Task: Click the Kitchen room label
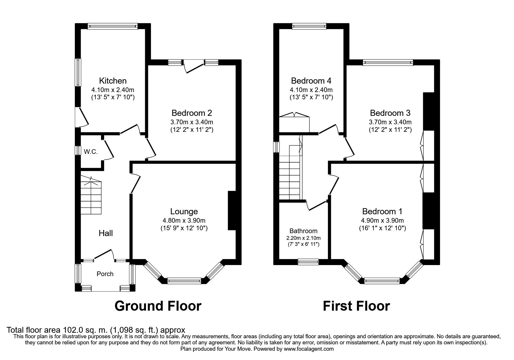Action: coord(113,80)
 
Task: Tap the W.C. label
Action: coord(91,152)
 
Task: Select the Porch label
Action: coord(105,274)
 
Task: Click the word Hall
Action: coord(106,233)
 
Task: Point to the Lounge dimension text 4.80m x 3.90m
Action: coord(184,221)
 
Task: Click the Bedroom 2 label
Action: coord(192,113)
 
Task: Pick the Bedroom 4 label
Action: coord(311,80)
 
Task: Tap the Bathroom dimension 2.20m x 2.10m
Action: coord(303,238)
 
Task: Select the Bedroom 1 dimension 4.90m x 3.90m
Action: coord(382,221)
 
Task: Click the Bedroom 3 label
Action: coord(390,113)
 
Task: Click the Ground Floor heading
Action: coord(158,306)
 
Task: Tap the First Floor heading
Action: coord(356,306)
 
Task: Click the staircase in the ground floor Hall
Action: coord(91,197)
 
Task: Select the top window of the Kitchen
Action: coord(113,26)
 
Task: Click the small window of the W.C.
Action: coord(78,150)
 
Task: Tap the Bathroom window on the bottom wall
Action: coord(308,262)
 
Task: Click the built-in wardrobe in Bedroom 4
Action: coord(295,123)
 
